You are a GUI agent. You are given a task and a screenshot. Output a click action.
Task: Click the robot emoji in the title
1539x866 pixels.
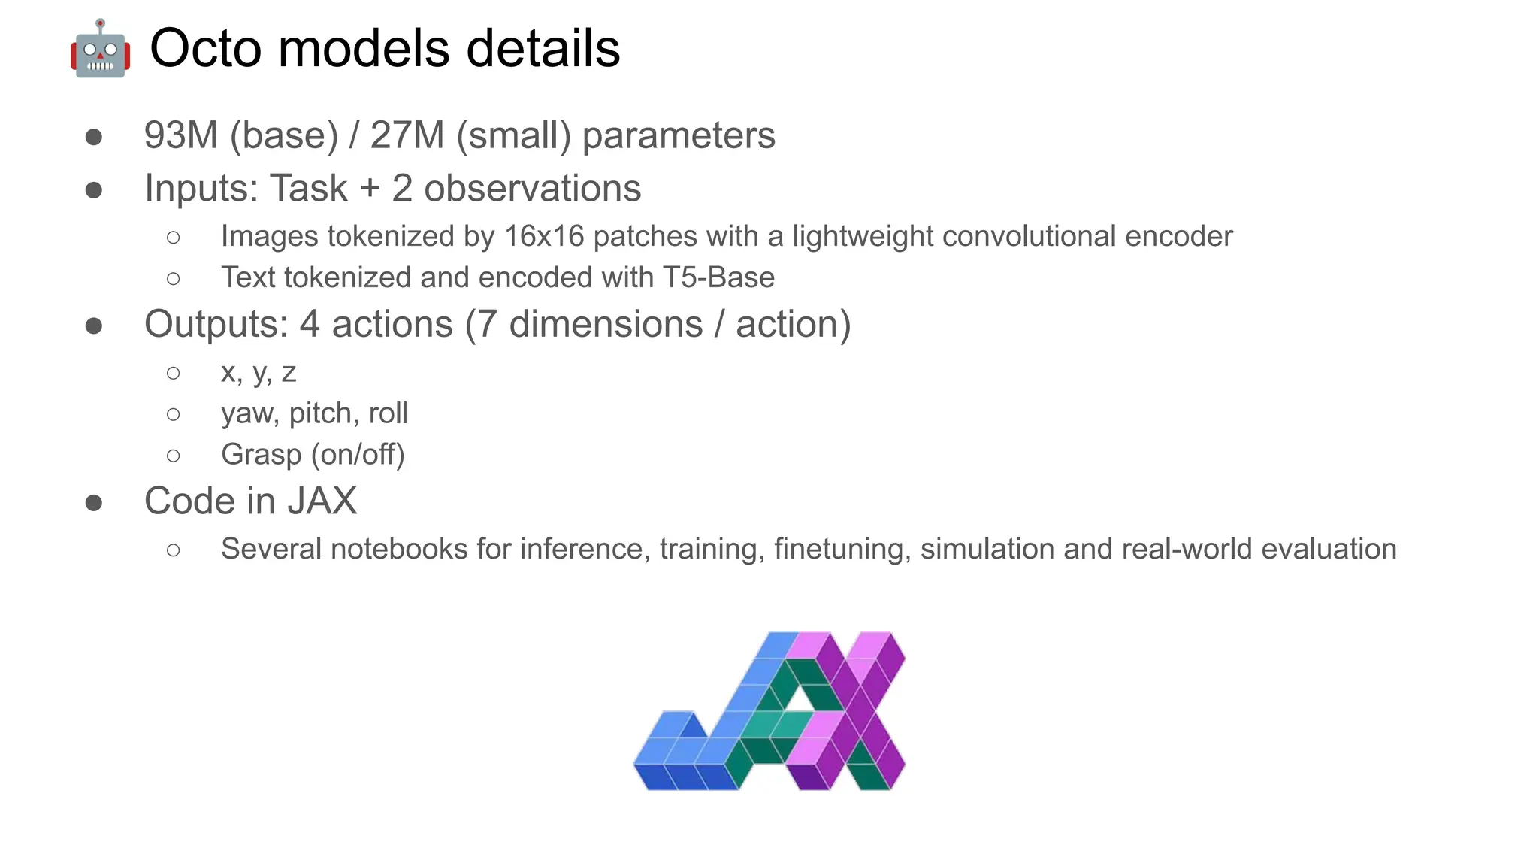pyautogui.click(x=101, y=49)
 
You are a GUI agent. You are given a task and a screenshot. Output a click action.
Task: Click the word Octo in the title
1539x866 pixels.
pyautogui.click(x=205, y=49)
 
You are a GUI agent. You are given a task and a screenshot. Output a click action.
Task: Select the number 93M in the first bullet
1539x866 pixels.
pyautogui.click(x=181, y=136)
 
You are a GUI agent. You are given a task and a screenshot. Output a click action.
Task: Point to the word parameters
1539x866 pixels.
pyautogui.click(x=679, y=136)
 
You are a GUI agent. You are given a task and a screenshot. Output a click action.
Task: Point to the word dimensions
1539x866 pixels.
pyautogui.click(x=606, y=325)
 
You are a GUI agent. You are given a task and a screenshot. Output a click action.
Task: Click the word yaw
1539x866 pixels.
pyautogui.click(x=249, y=414)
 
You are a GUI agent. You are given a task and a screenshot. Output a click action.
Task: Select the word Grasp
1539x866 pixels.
pyautogui.click(x=261, y=456)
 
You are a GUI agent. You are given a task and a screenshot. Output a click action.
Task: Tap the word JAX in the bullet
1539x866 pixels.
pyautogui.click(x=322, y=501)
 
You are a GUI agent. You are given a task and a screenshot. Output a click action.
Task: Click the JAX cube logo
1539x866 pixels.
pyautogui.click(x=769, y=710)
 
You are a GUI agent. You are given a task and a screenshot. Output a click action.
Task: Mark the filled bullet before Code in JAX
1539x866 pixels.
pyautogui.click(x=94, y=502)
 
